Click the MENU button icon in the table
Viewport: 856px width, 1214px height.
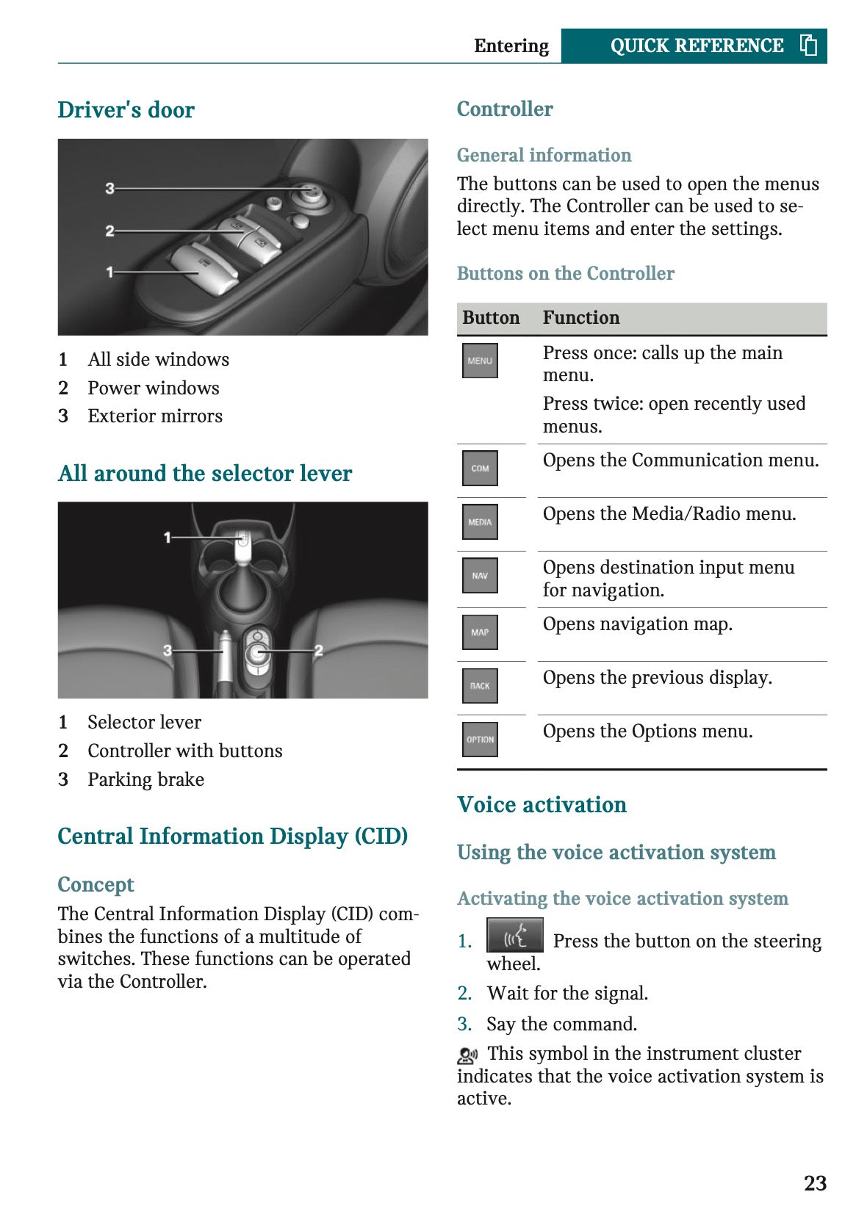click(480, 361)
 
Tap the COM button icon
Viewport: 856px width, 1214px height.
click(480, 468)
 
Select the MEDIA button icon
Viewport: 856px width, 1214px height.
click(480, 521)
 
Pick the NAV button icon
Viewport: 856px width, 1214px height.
click(480, 576)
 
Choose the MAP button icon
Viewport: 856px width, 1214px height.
click(480, 632)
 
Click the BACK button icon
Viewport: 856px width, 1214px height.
click(480, 685)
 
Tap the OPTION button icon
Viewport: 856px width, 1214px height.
click(480, 740)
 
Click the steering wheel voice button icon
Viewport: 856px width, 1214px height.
click(514, 936)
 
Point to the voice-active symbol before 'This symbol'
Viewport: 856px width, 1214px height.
click(467, 1056)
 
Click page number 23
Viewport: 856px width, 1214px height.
click(815, 1183)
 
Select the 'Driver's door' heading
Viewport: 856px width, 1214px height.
click(126, 110)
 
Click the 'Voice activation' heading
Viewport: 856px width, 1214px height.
click(542, 805)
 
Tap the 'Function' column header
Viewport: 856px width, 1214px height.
click(580, 318)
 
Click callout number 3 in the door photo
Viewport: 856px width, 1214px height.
click(109, 188)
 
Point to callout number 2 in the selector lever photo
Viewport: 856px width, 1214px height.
click(319, 651)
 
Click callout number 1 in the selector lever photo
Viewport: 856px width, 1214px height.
click(168, 538)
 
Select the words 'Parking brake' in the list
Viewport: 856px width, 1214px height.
click(145, 779)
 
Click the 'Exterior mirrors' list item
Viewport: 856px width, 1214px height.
click(155, 416)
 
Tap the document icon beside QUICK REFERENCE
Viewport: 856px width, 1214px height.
click(808, 46)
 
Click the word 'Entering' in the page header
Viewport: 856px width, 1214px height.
click(511, 46)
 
